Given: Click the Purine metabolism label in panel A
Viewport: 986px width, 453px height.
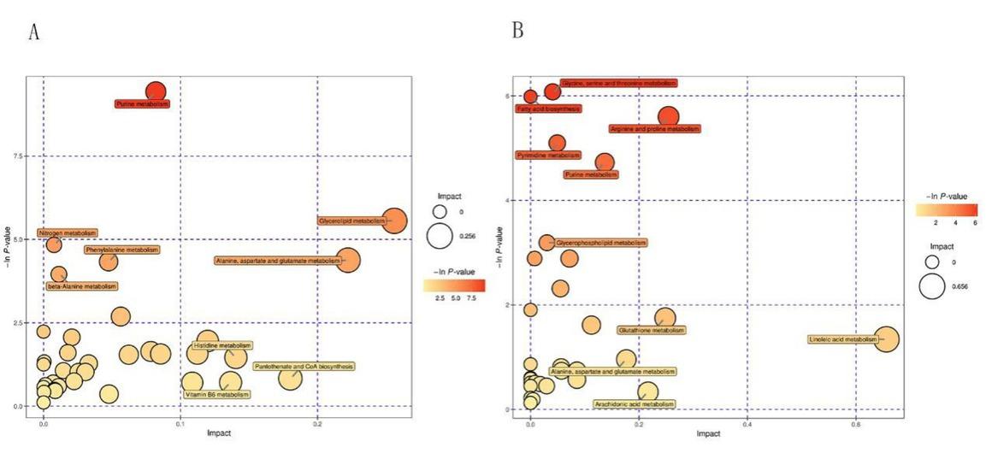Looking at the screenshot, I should click(143, 103).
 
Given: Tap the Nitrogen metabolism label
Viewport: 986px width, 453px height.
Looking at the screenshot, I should click(68, 232).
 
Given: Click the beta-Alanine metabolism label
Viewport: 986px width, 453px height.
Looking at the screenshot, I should click(82, 286).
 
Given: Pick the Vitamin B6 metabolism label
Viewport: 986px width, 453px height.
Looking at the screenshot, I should click(216, 395).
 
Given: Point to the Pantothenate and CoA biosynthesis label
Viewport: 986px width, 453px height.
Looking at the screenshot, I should click(304, 366).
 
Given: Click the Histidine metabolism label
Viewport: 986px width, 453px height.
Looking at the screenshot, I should click(221, 346).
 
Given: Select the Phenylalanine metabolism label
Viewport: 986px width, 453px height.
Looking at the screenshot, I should click(122, 250).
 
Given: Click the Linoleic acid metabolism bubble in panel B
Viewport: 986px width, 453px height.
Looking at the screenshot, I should click(885, 339).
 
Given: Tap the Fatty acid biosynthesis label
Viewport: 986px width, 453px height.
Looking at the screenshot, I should click(549, 109).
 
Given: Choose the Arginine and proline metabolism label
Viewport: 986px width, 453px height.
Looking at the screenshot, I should click(654, 129).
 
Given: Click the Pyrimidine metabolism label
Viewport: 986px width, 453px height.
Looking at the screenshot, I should click(548, 156).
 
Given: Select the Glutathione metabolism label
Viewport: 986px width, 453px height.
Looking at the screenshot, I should click(652, 330).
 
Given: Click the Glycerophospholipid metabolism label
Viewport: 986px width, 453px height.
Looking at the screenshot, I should click(601, 243).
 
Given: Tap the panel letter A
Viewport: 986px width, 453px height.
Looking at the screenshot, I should click(34, 32).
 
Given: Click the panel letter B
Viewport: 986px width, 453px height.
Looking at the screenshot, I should click(517, 31).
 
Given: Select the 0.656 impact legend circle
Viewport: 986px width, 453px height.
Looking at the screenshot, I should click(932, 286).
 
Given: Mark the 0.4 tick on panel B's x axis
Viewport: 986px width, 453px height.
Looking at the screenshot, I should click(747, 422).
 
